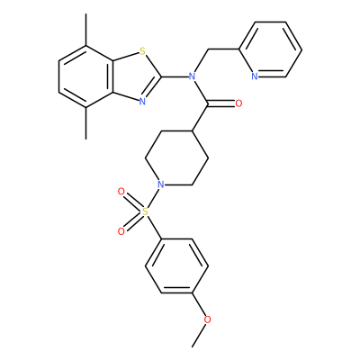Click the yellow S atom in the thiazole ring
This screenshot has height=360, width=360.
point(142,52)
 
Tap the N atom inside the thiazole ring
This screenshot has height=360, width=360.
point(142,102)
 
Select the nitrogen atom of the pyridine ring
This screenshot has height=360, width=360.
point(255,76)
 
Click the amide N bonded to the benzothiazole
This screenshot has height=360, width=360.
point(192,76)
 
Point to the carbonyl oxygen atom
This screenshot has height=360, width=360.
point(238,103)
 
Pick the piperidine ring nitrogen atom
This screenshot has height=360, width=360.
point(161,184)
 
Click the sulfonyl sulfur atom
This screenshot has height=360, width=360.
point(145,211)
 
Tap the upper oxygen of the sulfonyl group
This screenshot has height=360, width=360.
point(121,192)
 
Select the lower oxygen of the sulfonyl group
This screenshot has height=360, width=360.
point(121,231)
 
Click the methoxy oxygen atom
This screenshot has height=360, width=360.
point(207,319)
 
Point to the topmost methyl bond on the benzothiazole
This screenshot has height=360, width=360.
point(86,30)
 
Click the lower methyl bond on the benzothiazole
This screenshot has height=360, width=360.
point(86,123)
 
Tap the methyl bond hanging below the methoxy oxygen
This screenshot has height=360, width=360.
point(199,336)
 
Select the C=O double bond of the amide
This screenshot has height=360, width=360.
point(221,103)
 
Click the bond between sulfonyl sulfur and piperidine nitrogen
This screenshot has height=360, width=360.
point(153,198)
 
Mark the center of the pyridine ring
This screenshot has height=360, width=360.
point(270,49)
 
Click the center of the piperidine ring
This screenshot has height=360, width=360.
point(177,157)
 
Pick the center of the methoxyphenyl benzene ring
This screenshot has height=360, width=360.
point(177,265)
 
